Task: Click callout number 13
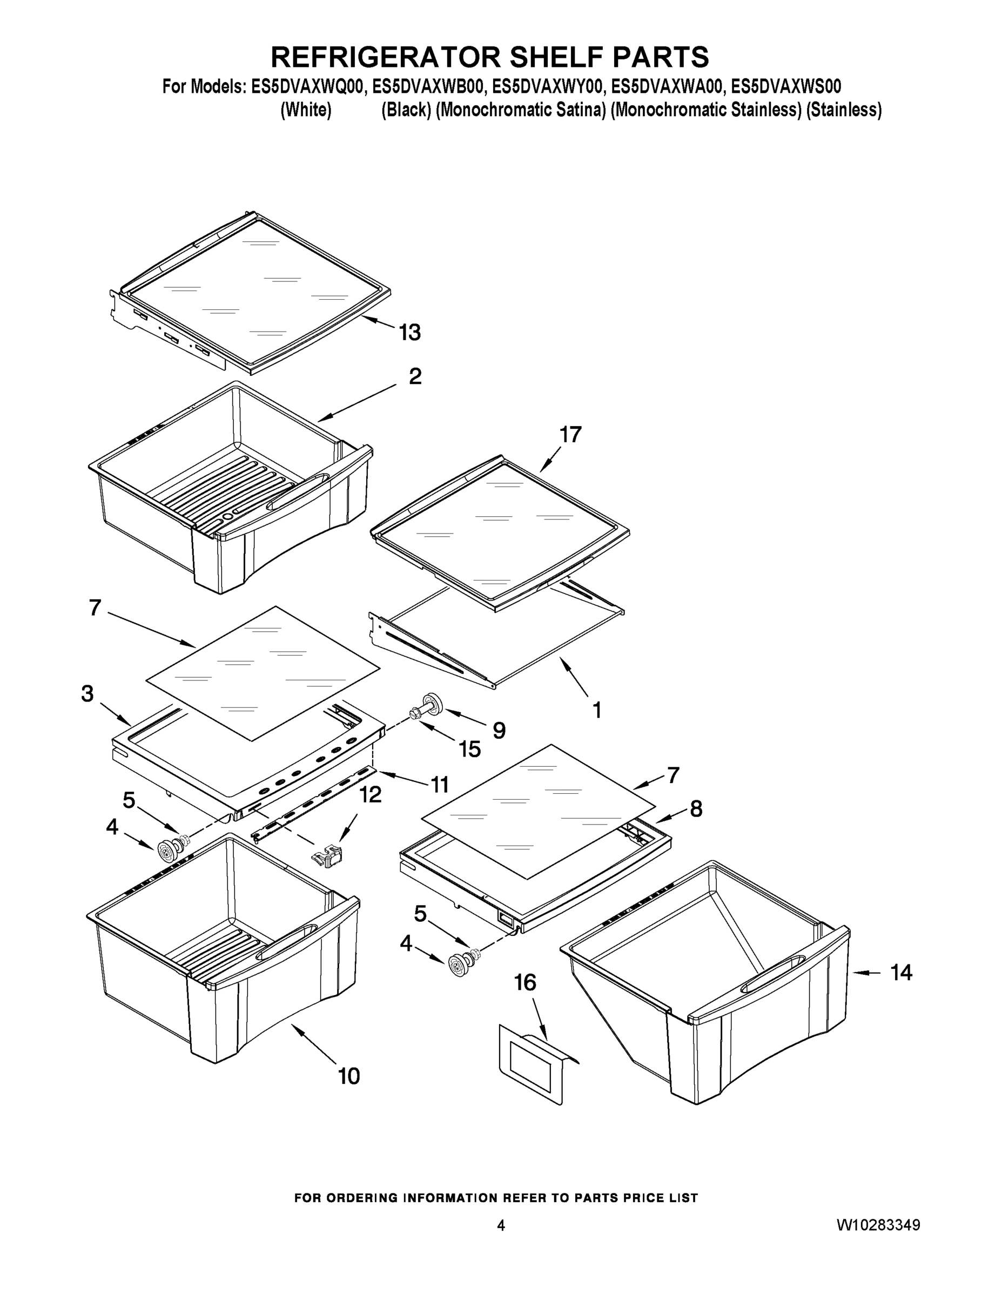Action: (409, 333)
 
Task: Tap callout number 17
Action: (570, 435)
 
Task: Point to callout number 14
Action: (900, 972)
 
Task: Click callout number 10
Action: (349, 1076)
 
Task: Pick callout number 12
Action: (371, 794)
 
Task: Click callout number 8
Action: (696, 809)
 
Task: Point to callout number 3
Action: (88, 694)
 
